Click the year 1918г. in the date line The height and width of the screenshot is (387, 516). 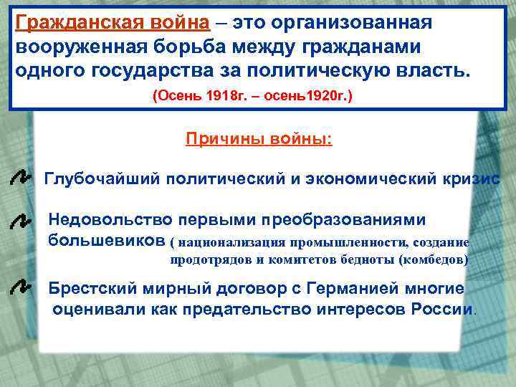pos(223,95)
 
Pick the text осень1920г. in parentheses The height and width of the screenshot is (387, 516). pos(313,95)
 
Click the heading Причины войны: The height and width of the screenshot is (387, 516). pos(259,138)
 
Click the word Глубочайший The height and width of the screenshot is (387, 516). pos(102,178)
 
